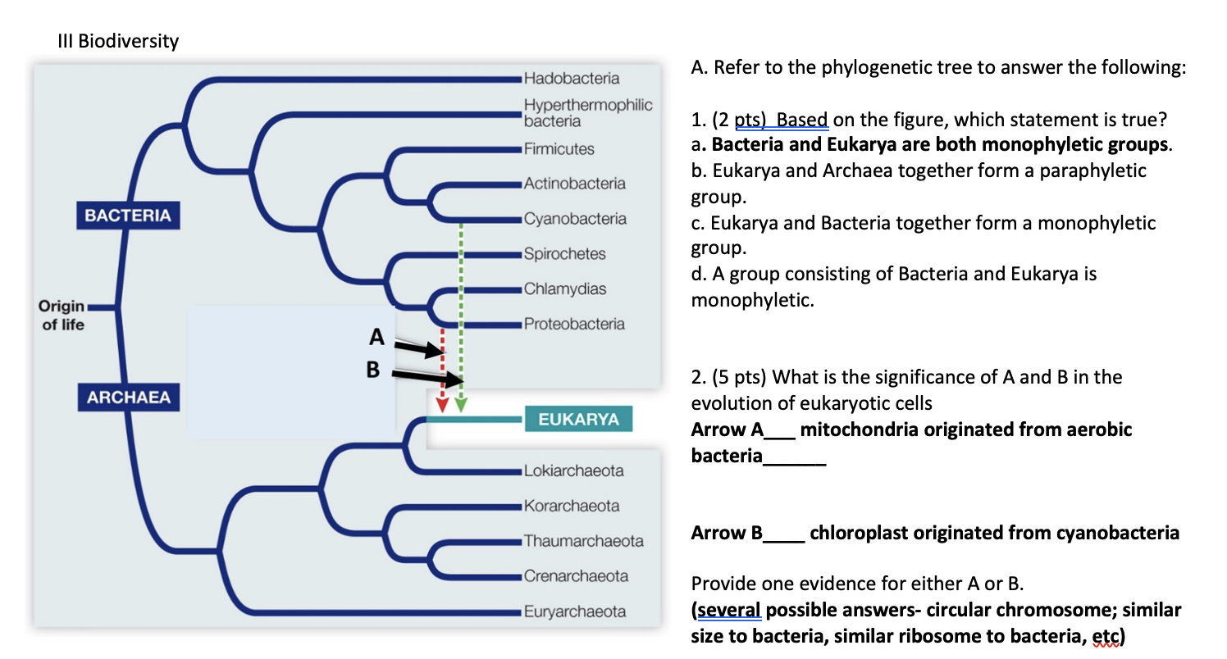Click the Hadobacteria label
point(571,79)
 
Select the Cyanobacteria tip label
point(575,219)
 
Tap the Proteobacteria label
point(574,324)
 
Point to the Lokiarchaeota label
point(573,471)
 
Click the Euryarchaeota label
point(575,611)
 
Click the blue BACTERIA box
point(128,216)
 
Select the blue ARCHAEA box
point(129,398)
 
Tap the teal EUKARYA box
point(578,420)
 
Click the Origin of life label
point(62,315)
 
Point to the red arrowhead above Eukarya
point(442,404)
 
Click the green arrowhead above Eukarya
point(461,404)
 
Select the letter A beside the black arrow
point(376,336)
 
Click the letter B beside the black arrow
point(373,370)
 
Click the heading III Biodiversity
point(118,41)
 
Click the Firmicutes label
point(559,149)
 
